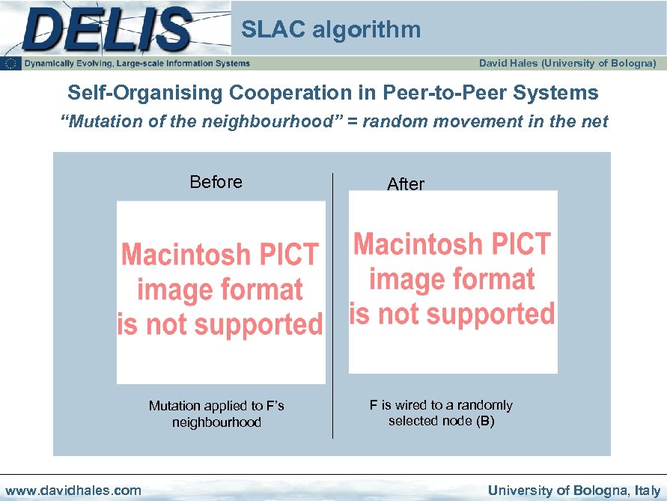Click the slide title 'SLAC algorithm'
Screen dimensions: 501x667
(x=331, y=30)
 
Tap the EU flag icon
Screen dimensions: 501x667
(x=11, y=64)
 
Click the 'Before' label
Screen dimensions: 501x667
(x=216, y=182)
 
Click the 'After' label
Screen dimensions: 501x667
(x=406, y=184)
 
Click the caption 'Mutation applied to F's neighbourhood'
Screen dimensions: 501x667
(x=216, y=414)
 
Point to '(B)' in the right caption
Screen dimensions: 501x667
(x=486, y=421)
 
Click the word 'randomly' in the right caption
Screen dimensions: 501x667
(x=488, y=405)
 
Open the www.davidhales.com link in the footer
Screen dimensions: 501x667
(x=73, y=491)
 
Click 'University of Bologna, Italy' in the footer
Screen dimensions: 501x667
(x=574, y=491)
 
